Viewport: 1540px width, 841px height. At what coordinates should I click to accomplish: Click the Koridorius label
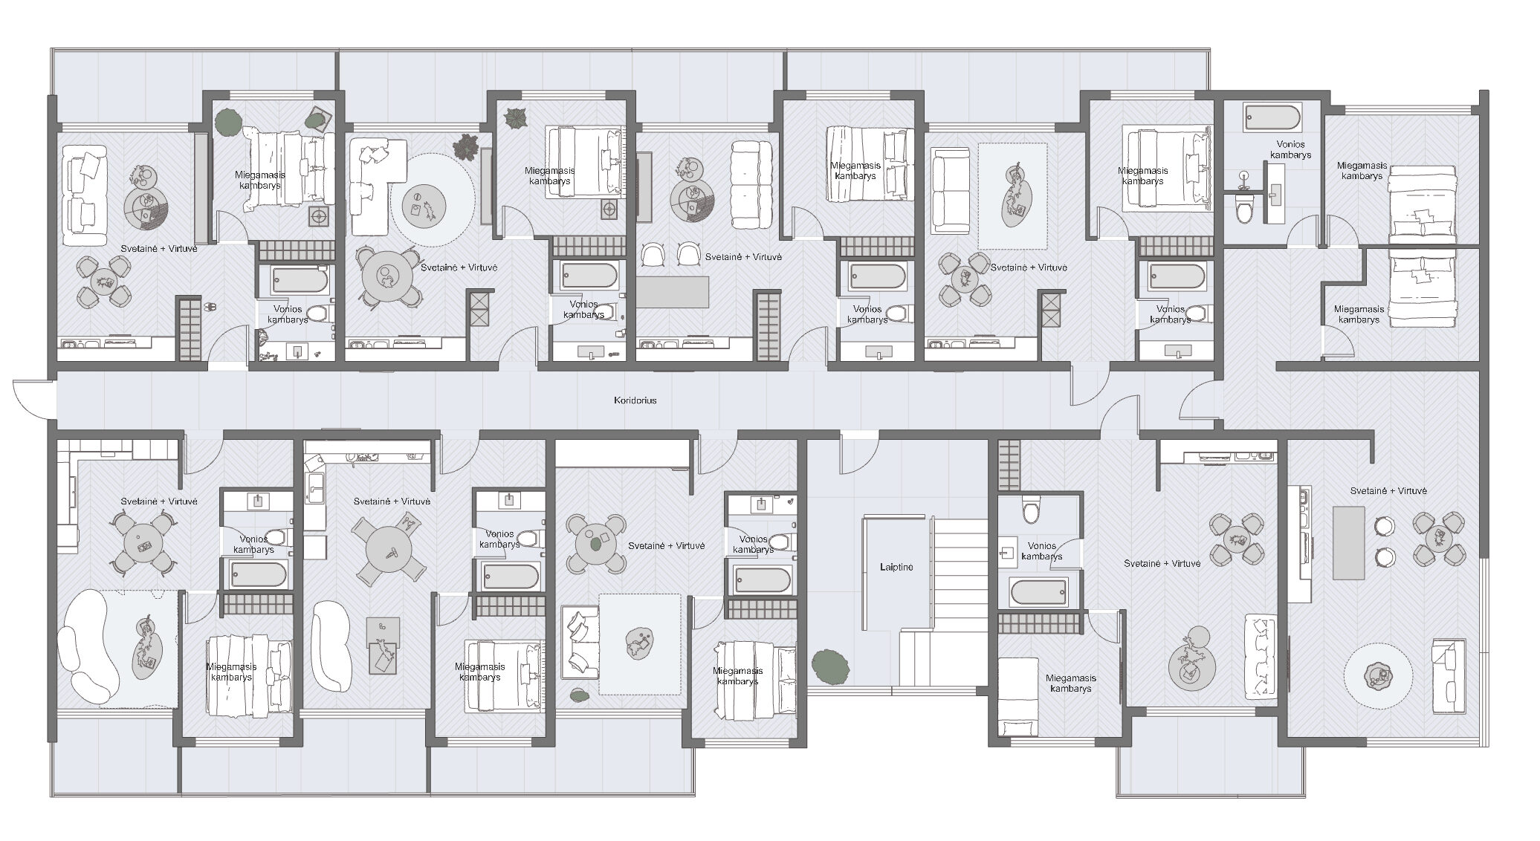(635, 400)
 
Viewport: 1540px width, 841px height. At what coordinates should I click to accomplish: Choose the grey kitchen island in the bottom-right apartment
(1349, 542)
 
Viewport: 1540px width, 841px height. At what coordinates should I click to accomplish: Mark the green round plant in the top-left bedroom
(227, 123)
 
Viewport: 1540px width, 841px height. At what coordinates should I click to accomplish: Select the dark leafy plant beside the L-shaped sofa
(466, 146)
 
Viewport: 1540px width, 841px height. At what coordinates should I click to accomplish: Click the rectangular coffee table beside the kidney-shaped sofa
(384, 645)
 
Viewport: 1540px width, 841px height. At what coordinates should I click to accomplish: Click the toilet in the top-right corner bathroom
(1243, 207)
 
